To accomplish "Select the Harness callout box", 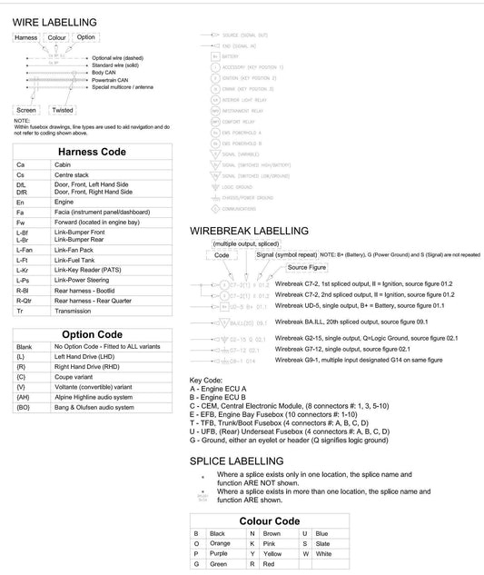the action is pos(26,38).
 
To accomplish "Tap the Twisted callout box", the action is pos(63,110).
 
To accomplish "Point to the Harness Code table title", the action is pos(92,152).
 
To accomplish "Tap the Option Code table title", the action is pos(92,334).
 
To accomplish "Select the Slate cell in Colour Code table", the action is pos(323,542).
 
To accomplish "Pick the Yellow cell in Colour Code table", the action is pos(272,552).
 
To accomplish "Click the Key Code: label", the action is pos(206,380).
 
